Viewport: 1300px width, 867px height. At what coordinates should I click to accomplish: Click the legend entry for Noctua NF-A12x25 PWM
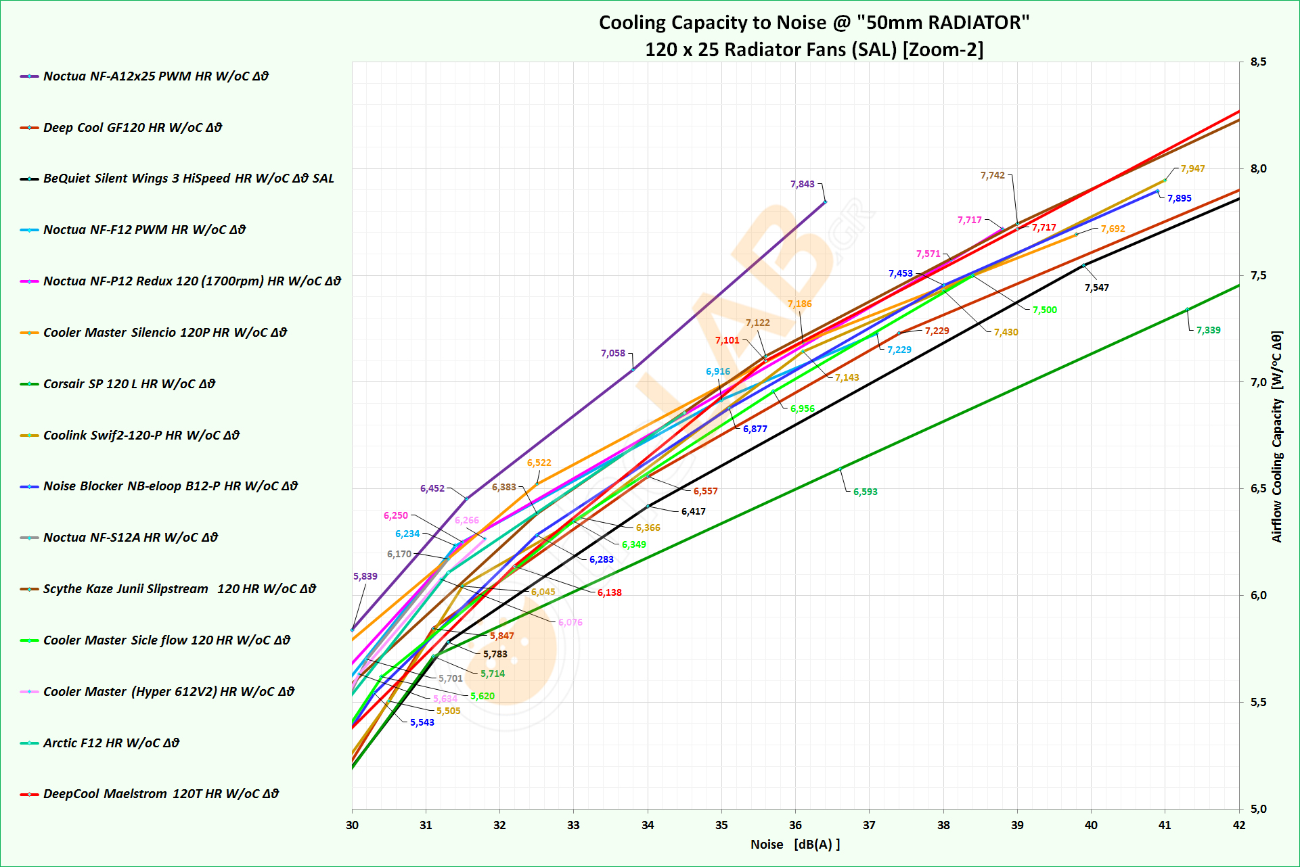pos(156,76)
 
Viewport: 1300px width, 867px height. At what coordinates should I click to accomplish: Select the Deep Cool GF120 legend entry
pos(132,128)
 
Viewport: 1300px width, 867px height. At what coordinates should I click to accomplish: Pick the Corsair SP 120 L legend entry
pos(129,384)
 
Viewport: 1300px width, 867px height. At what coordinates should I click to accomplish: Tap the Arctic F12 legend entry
pos(111,743)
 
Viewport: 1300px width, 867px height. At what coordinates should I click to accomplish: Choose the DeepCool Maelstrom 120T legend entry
pos(160,794)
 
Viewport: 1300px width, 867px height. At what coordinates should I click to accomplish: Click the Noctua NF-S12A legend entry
pos(130,538)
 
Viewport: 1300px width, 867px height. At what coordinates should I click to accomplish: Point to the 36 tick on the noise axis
pos(795,825)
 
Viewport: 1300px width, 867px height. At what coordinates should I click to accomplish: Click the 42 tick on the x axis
pos(1238,825)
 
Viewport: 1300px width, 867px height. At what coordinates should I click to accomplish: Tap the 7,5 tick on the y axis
pos(1258,276)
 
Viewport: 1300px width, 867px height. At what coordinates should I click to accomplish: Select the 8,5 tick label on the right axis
pos(1258,62)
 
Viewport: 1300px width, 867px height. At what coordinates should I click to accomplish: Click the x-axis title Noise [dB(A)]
pos(794,845)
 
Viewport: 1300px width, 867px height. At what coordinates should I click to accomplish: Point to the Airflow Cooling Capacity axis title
pos(1276,437)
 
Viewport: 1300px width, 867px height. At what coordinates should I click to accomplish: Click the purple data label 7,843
pos(802,184)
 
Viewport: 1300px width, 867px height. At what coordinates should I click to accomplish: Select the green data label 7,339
pos(1208,330)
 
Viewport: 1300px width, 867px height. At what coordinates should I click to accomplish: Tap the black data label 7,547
pos(1096,287)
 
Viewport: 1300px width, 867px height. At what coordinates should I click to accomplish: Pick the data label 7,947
pos(1192,168)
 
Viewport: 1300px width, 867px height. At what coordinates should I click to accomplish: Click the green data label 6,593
pos(865,492)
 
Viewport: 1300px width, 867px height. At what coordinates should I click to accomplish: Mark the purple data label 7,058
pos(612,353)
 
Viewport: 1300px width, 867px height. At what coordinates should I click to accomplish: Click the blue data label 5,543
pos(422,722)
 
